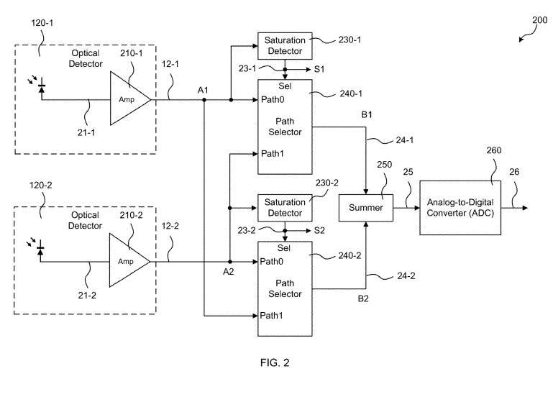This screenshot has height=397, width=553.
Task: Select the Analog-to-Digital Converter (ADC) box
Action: coord(462,207)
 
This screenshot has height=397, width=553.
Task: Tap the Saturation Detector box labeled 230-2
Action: coord(285,207)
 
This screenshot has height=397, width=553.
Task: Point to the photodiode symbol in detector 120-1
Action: coord(41,88)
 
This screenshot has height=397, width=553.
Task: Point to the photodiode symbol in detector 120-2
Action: coord(41,250)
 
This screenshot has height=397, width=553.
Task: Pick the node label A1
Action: coord(204,89)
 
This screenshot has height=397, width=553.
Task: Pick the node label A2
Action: coord(229,272)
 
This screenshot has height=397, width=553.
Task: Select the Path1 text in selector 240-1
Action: coord(272,153)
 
